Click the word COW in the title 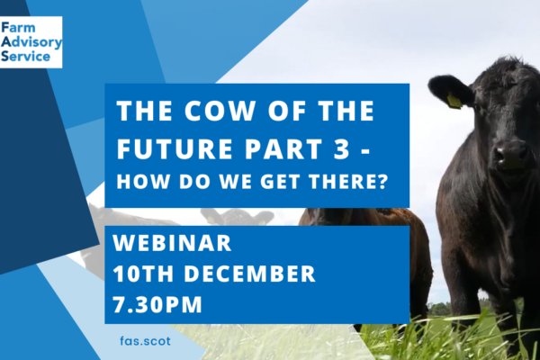coord(220,111)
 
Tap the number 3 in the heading coord(342,148)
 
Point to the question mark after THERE coord(382,181)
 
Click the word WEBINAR coord(172,243)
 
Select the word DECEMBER coord(249,274)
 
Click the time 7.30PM coord(157,304)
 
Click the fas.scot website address coord(145,341)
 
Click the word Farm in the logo coord(18,28)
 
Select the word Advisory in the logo coord(31,42)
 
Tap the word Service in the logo coord(26,56)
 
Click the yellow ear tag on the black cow coord(454,101)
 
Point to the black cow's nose coord(510,154)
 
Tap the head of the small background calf coord(237,217)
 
